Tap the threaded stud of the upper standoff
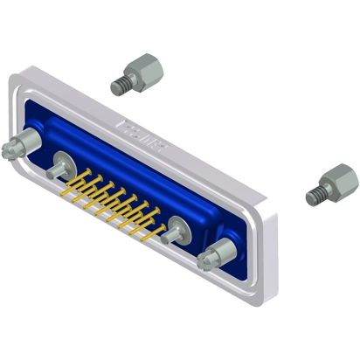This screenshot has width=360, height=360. click(x=120, y=85)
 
